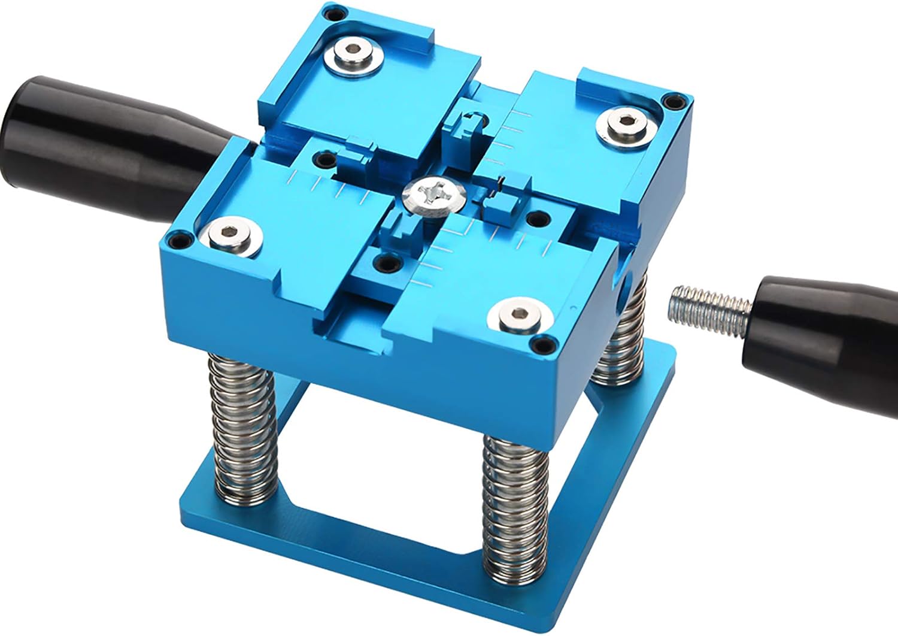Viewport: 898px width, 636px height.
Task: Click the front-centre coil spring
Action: tap(517, 515)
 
